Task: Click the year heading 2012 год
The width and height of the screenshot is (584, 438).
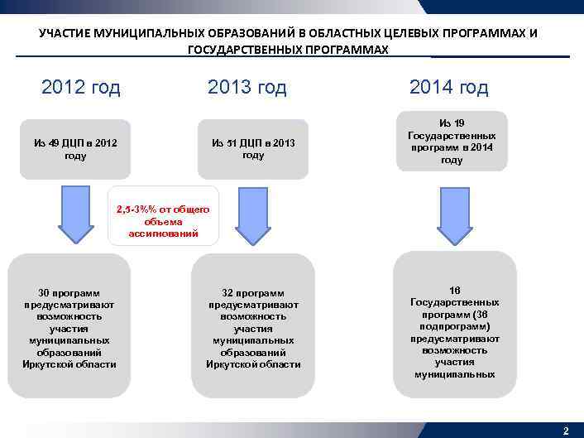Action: point(80,88)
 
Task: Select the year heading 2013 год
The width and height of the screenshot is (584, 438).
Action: point(247,88)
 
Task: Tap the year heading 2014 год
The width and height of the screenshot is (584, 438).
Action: point(448,88)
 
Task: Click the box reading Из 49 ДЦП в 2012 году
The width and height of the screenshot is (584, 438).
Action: point(75,149)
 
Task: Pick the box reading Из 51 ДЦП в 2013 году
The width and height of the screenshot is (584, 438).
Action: point(253,149)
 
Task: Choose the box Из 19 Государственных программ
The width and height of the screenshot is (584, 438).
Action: point(452,141)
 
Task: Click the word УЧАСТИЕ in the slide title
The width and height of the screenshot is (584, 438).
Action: point(65,34)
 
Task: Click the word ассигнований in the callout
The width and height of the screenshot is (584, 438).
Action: point(163,233)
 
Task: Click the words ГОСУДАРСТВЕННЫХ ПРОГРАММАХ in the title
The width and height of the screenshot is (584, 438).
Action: point(288,50)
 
